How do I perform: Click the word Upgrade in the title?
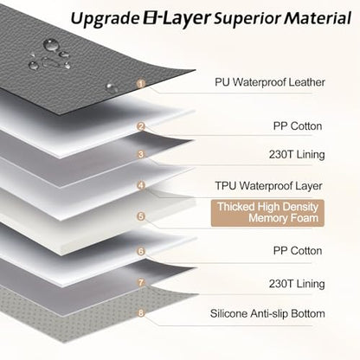(105, 19)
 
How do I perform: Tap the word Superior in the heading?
(247, 19)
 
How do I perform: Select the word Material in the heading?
(318, 18)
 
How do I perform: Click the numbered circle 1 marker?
(141, 84)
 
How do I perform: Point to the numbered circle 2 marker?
(141, 126)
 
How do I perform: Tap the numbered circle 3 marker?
(141, 154)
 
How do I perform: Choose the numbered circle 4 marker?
(141, 185)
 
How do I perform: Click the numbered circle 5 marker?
(141, 216)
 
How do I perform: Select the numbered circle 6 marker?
(141, 251)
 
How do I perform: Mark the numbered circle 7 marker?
(141, 282)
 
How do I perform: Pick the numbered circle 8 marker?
(141, 312)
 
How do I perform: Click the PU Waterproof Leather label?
(270, 82)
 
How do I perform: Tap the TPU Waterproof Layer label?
(268, 186)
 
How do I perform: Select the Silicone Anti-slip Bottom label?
(267, 313)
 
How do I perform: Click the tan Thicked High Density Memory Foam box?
(267, 213)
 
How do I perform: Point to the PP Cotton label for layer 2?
(298, 126)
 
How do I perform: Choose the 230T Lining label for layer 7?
(297, 284)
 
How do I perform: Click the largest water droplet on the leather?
(51, 45)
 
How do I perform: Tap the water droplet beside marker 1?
(112, 87)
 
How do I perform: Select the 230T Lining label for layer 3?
(297, 155)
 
